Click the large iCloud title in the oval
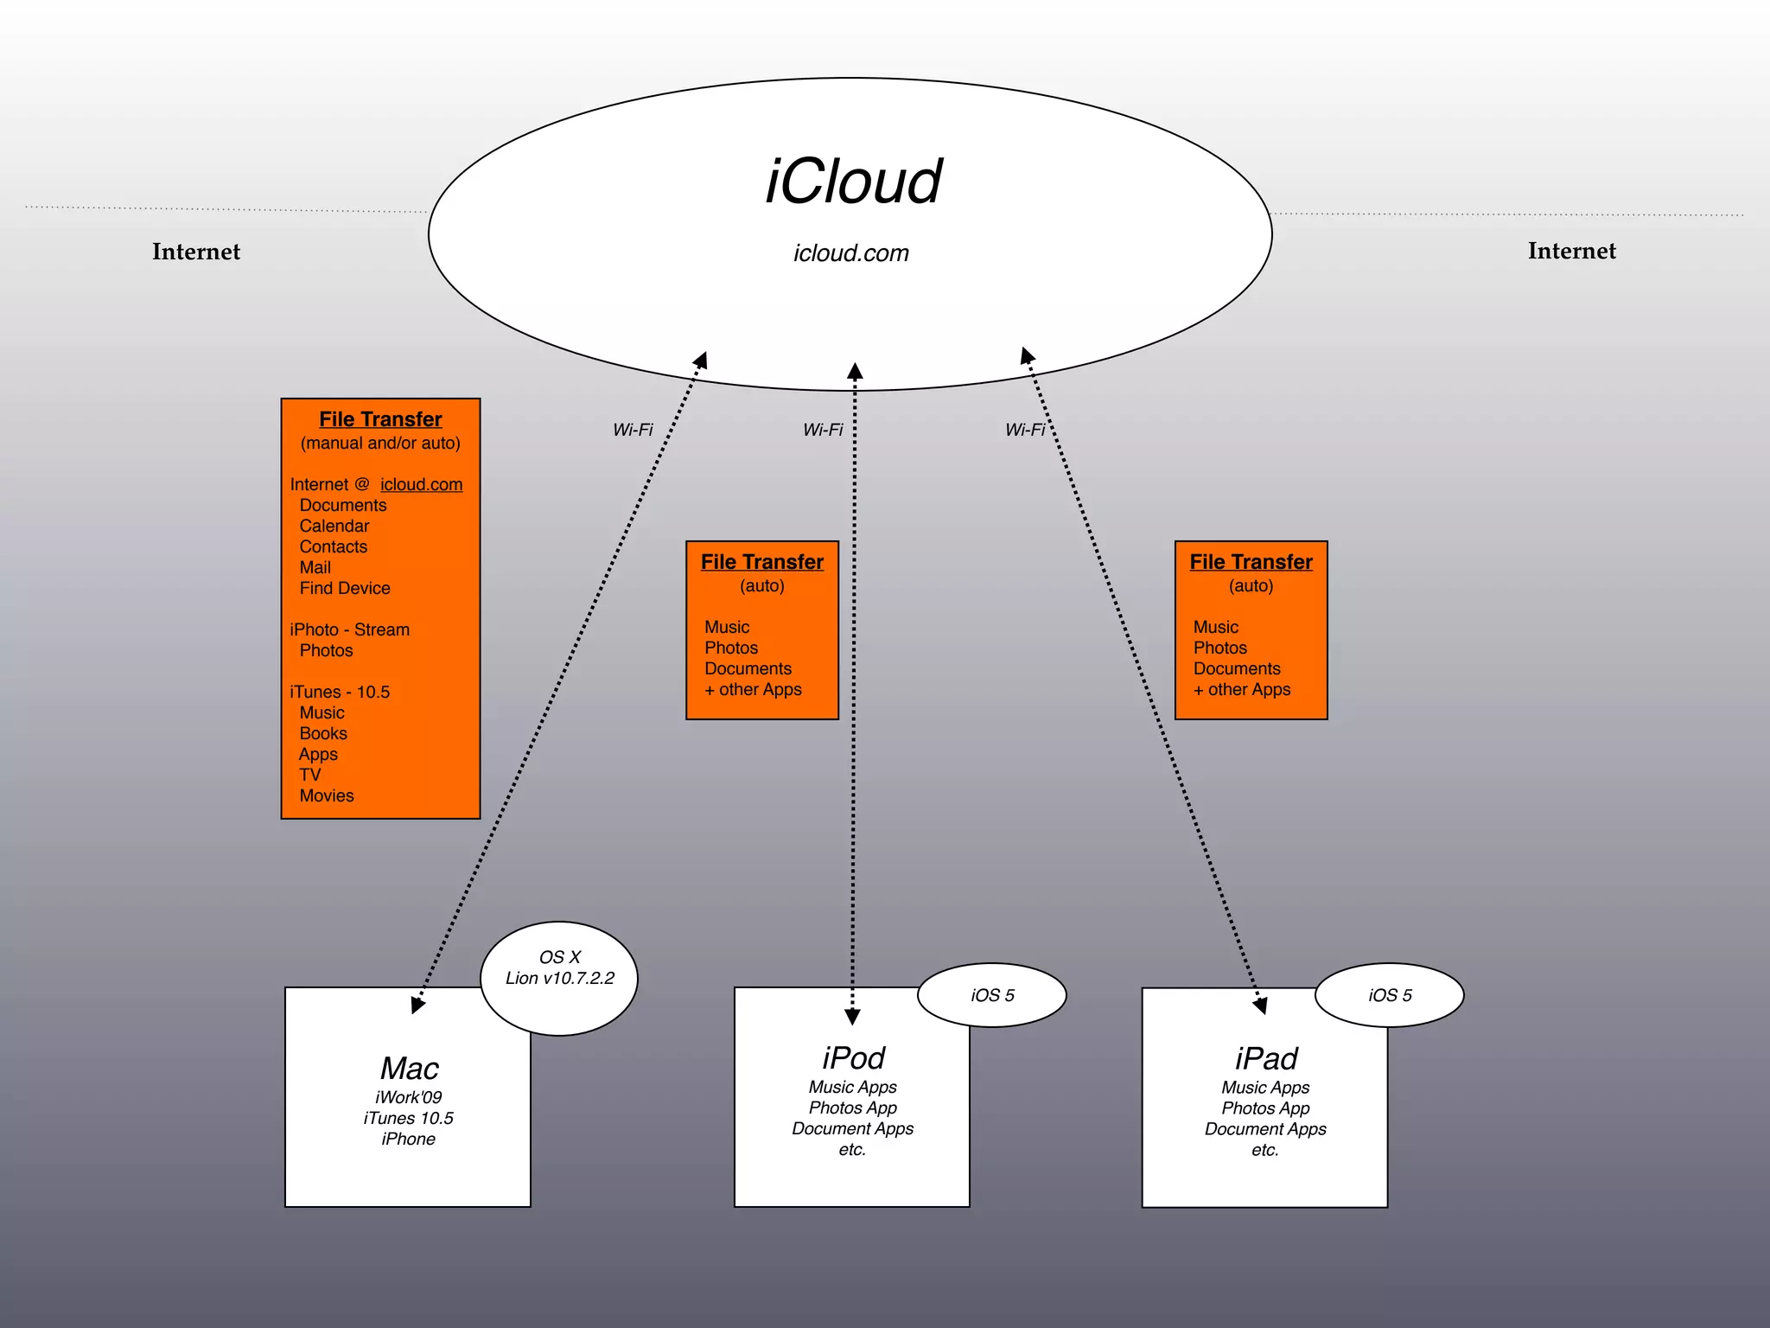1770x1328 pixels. click(x=853, y=182)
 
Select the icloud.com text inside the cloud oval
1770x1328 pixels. click(x=851, y=253)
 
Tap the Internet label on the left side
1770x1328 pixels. click(x=196, y=252)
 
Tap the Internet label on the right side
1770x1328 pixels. click(x=1571, y=251)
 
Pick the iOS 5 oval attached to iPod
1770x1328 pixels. click(x=992, y=995)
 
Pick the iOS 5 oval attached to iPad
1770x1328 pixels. click(x=1390, y=995)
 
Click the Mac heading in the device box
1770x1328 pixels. click(x=410, y=1069)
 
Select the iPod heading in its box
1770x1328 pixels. click(x=853, y=1058)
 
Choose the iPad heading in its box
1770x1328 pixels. click(x=1265, y=1058)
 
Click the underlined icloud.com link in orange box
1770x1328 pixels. click(x=421, y=485)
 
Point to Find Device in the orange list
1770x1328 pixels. click(x=345, y=589)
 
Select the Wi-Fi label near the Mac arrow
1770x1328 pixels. click(x=633, y=430)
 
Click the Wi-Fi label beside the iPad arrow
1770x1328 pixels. click(x=1025, y=430)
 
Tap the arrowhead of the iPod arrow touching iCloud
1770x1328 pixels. click(x=855, y=372)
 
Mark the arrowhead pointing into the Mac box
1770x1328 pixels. click(x=417, y=1005)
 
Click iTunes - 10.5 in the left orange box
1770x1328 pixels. click(x=340, y=693)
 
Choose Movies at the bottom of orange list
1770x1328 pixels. click(x=327, y=796)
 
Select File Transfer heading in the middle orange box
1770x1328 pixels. click(x=761, y=562)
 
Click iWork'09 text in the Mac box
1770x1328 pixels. click(x=408, y=1097)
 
